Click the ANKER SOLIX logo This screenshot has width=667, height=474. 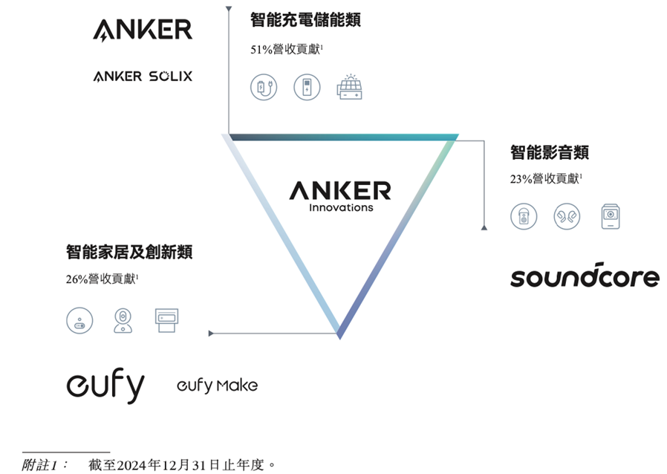(143, 77)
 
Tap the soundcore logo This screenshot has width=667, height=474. (585, 276)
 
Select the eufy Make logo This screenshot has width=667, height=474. (217, 385)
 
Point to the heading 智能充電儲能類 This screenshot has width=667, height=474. (305, 20)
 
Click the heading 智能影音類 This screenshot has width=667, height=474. (550, 152)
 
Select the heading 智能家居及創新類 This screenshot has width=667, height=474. (129, 252)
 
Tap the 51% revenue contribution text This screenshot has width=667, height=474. (287, 49)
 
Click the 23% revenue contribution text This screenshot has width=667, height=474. (546, 179)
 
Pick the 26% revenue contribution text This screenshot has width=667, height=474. (102, 279)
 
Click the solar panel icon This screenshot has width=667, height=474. (350, 87)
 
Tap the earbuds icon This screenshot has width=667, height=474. (567, 216)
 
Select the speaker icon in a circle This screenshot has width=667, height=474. (524, 216)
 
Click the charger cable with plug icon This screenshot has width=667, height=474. (264, 87)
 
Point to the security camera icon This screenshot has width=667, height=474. (123, 320)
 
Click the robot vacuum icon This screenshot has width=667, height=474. (79, 320)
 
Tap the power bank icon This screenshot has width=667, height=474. (307, 87)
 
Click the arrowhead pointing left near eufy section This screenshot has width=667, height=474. (211, 333)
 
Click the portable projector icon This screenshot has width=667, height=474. (611, 216)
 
